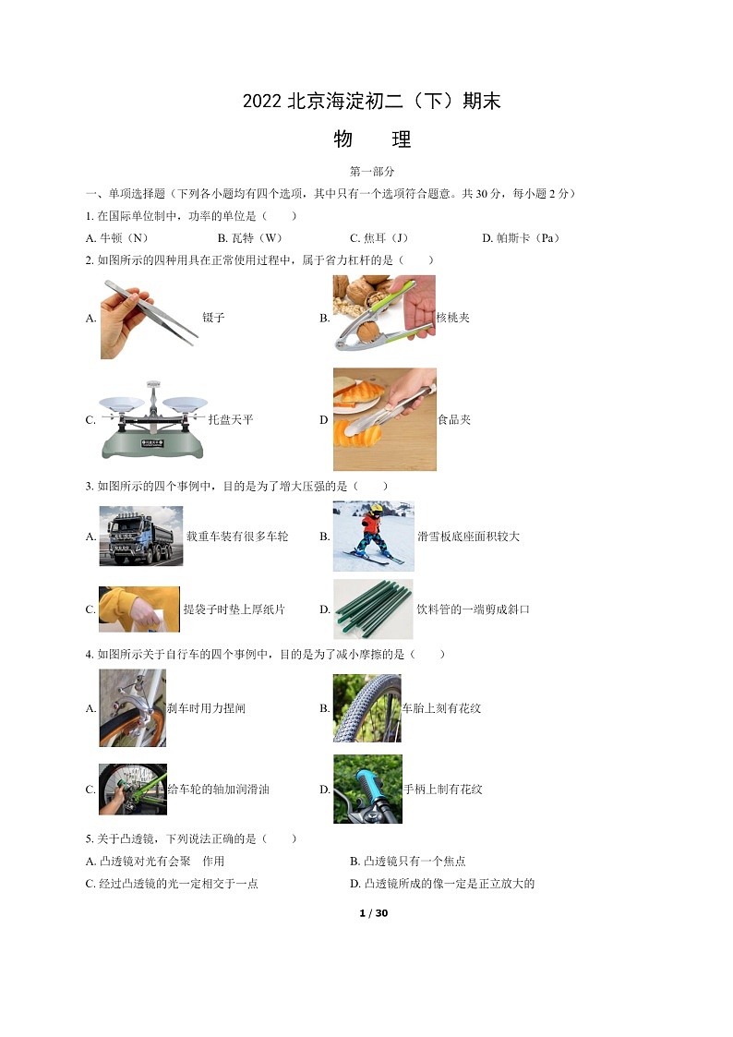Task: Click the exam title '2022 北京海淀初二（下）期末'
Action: click(371, 102)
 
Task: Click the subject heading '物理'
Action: click(372, 139)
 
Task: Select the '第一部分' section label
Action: click(372, 171)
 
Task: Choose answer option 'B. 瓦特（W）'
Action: click(250, 238)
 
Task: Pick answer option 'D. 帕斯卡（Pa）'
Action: click(521, 238)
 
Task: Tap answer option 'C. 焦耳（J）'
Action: click(379, 238)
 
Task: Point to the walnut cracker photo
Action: click(384, 313)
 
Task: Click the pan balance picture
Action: click(152, 420)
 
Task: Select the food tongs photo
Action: click(385, 419)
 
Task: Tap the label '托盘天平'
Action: click(231, 419)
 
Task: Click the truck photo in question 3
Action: click(140, 536)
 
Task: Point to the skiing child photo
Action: click(374, 536)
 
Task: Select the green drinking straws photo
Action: click(373, 609)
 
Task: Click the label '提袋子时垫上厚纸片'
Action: click(234, 609)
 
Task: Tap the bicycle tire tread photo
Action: click(366, 708)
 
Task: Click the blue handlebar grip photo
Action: click(367, 789)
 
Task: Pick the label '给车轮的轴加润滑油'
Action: click(218, 789)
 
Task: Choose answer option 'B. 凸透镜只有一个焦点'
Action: click(408, 861)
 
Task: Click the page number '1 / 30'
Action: click(374, 913)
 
